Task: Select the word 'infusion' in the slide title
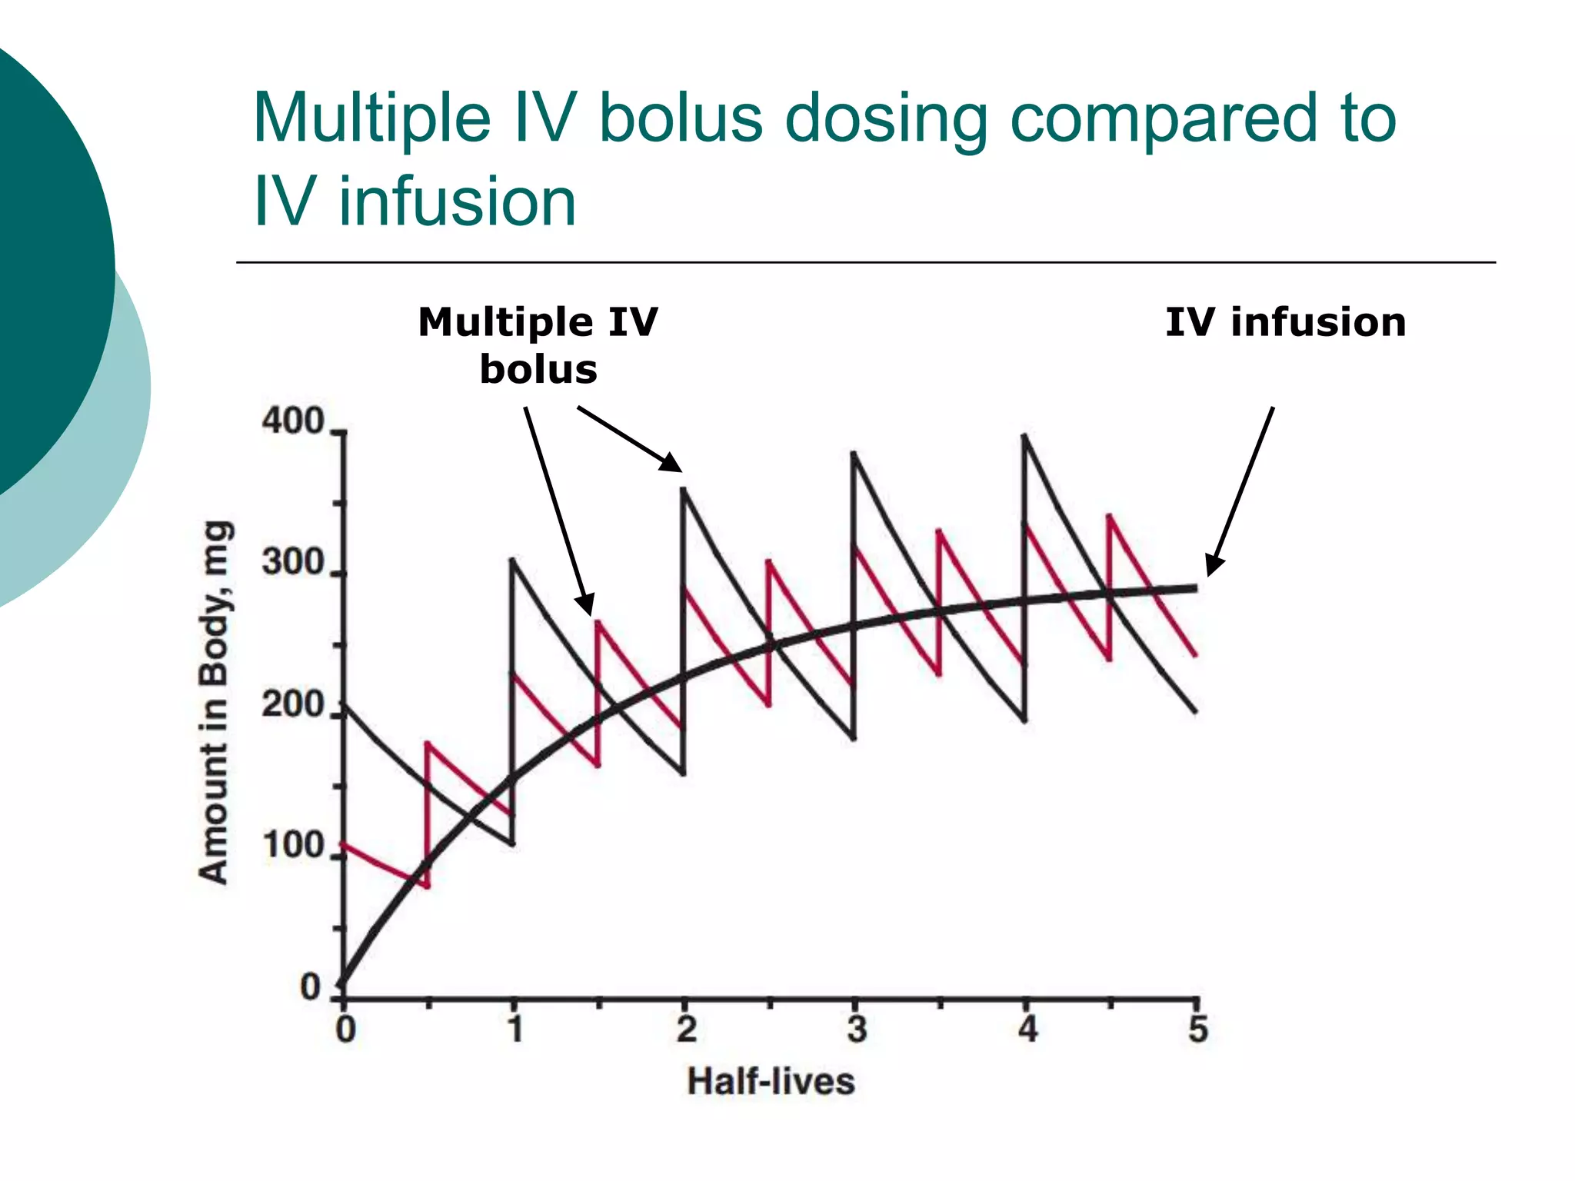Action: point(458,201)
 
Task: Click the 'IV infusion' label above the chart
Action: point(1285,321)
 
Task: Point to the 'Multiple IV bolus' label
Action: point(538,344)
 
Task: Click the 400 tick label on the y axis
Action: point(293,421)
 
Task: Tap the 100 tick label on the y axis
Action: point(293,846)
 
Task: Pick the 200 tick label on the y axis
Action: point(293,704)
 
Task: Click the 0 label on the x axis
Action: point(345,1029)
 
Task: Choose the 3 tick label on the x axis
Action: point(857,1029)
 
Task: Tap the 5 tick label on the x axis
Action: point(1197,1029)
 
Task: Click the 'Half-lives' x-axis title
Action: point(771,1082)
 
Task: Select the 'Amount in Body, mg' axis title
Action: point(214,702)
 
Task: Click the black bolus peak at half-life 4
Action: point(1025,437)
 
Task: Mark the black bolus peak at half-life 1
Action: point(513,560)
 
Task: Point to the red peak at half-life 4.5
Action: point(1110,516)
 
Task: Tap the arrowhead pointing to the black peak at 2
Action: point(671,464)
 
